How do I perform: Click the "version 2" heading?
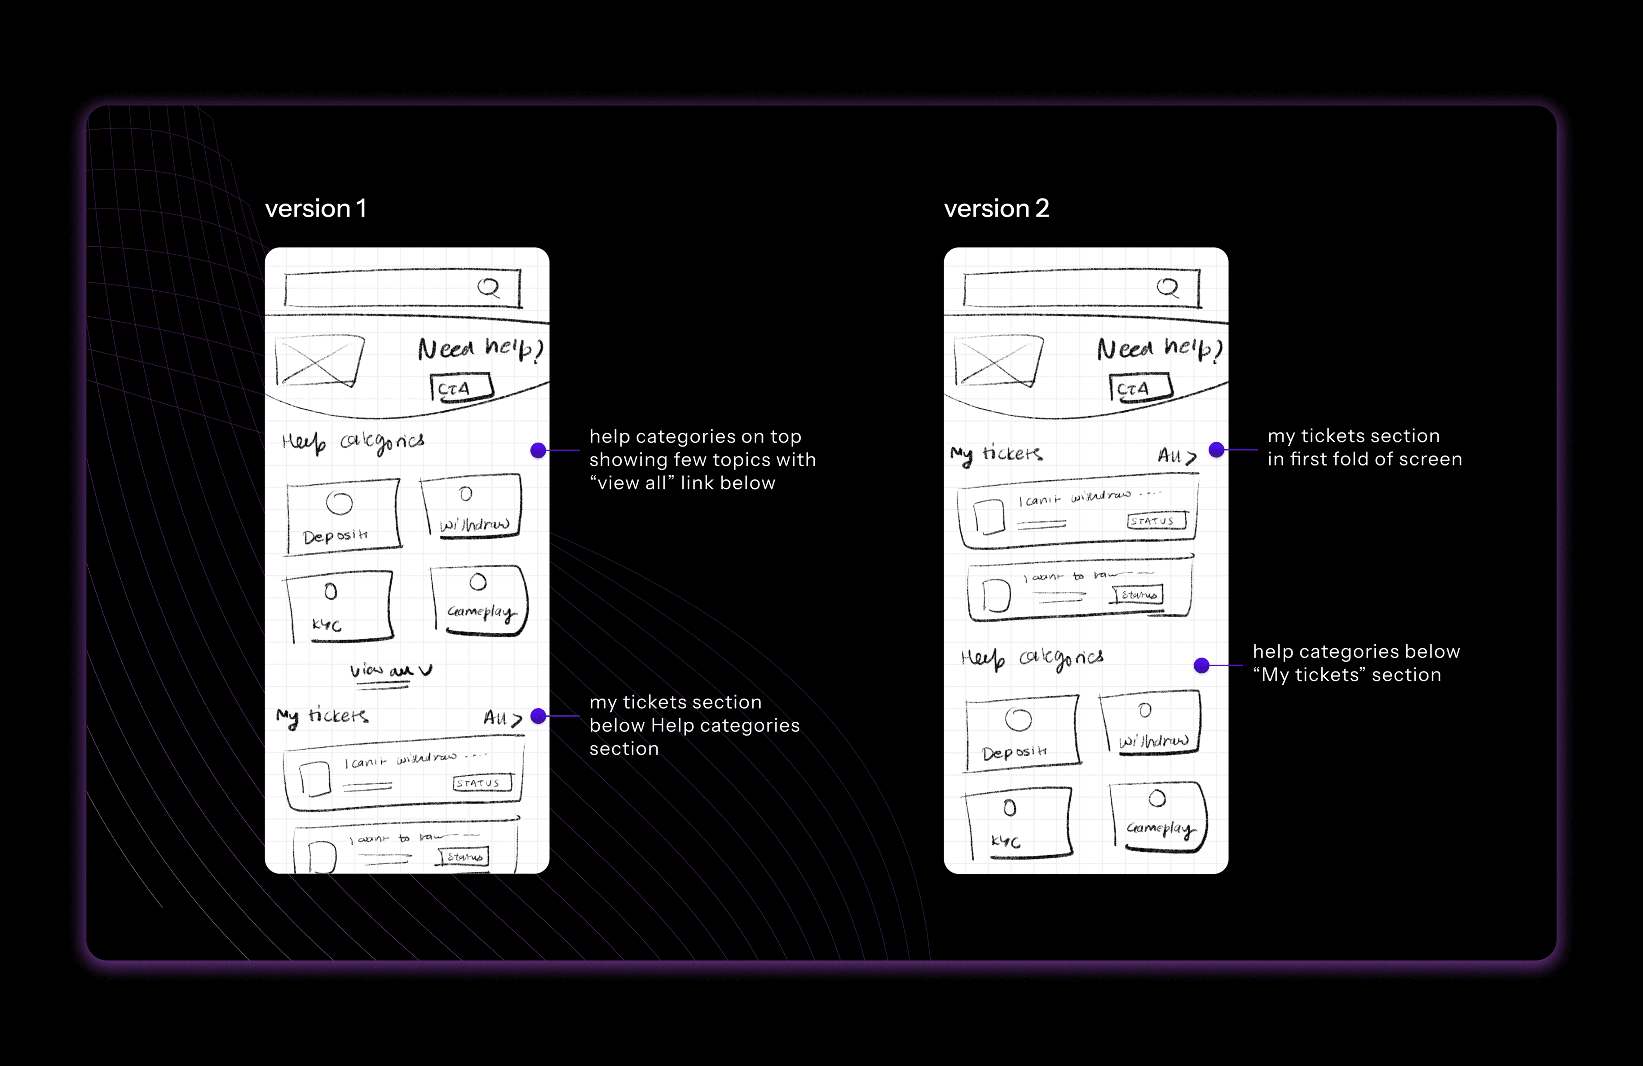tap(996, 209)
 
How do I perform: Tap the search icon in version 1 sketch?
tap(489, 287)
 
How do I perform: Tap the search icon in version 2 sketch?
tap(1168, 287)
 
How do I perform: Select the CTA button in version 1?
tap(461, 387)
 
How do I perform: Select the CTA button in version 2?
tap(1141, 387)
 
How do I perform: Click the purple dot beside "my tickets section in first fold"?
tap(1216, 449)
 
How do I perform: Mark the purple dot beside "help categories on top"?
tap(538, 450)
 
